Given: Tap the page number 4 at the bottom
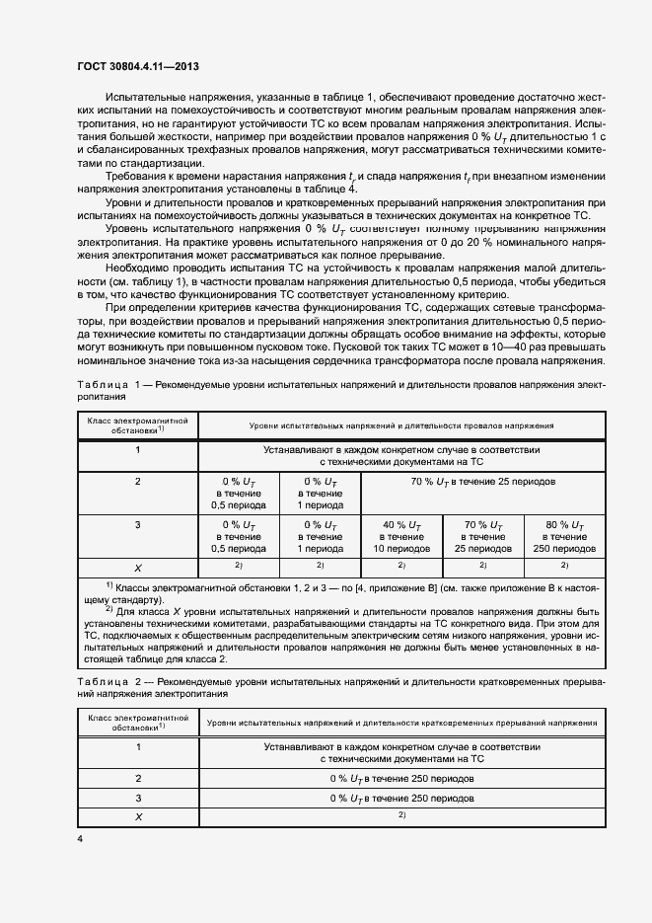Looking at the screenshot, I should (80, 838).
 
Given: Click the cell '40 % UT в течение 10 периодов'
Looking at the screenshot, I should (401, 536).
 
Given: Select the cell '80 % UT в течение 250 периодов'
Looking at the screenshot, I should (564, 536).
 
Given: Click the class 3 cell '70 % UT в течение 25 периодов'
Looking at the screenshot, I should (483, 536).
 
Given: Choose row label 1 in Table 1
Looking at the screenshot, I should (138, 450).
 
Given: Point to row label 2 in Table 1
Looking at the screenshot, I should (138, 482).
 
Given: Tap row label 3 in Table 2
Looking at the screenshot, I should (138, 797).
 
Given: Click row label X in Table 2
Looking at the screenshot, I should (138, 816).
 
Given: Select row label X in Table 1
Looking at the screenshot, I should (138, 567).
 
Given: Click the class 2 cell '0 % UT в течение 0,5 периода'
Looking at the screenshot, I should (238, 492).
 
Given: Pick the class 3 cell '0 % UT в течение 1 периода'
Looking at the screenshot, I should (320, 536).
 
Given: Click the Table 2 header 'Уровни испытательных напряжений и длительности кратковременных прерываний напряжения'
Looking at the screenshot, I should (401, 724).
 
